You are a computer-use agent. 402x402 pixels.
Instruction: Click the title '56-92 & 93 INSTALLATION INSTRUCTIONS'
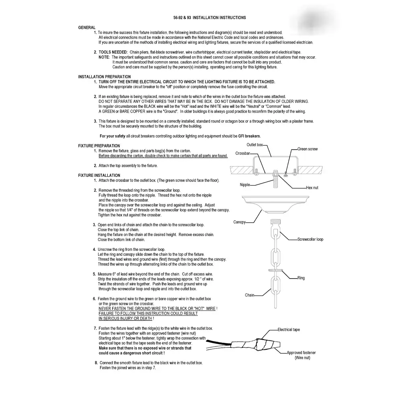pos(209,18)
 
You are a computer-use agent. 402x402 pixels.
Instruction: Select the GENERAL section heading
pos(87,27)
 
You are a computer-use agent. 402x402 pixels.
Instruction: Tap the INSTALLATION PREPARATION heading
pos(104,77)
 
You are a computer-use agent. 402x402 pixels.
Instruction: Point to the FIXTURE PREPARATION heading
pos(99,146)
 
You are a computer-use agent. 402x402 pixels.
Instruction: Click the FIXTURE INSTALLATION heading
pos(99,175)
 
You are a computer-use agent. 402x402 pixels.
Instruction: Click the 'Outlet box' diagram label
pos(254,145)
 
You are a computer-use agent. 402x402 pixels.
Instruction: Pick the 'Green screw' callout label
pos(308,149)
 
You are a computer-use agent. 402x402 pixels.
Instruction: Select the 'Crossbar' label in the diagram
pos(243,154)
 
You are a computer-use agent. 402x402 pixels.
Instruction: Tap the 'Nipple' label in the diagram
pos(245,185)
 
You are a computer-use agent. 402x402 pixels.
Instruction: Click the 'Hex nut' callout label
pos(312,188)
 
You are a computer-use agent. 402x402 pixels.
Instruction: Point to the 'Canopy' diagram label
pos(240,222)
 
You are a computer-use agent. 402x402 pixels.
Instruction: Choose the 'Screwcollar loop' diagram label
pos(310,240)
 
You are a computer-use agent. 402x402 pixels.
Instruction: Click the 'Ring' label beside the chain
pos(301,278)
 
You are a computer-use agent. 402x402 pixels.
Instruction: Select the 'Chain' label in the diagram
pos(250,295)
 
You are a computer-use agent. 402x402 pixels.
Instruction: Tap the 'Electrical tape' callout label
pos(289,330)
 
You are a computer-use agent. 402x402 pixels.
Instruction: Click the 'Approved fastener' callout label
pos(301,353)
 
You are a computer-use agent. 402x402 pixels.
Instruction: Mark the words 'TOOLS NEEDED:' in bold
pos(113,52)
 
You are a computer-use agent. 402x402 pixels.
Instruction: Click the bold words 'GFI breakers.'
pos(250,136)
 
